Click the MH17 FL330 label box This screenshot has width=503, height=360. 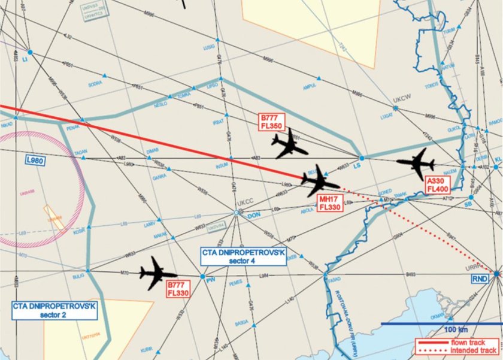tap(330, 202)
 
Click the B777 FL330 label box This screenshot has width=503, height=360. tap(178, 289)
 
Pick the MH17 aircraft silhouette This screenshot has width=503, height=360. tap(318, 180)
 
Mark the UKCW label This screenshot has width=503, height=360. tap(399, 102)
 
